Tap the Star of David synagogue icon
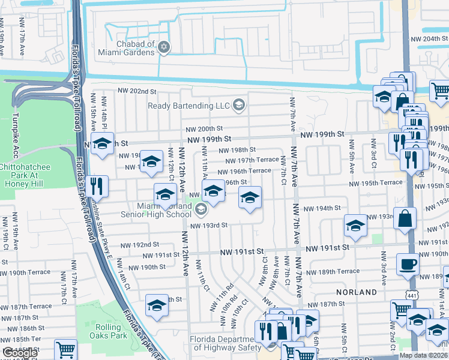(x=164, y=47)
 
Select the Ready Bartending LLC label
(x=190, y=106)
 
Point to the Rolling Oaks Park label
(x=103, y=331)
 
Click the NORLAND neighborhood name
(x=358, y=293)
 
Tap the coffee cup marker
(x=408, y=263)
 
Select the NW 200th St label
(x=203, y=128)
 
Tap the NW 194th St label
(x=322, y=208)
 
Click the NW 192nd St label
(x=139, y=245)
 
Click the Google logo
(x=20, y=353)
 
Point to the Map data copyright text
(x=423, y=355)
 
